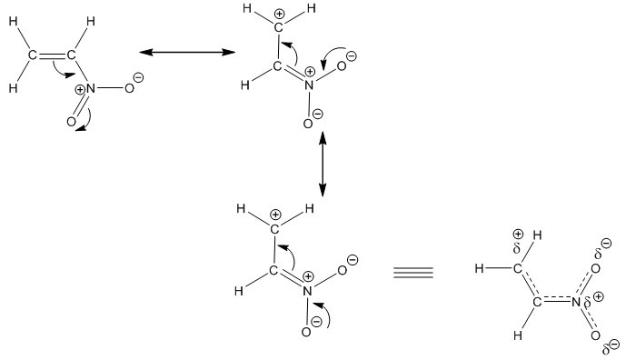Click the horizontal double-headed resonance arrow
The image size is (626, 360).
[x=187, y=52]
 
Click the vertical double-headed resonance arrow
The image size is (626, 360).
[x=323, y=164]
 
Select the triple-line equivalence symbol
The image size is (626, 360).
[x=413, y=273]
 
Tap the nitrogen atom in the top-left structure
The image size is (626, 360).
[x=91, y=88]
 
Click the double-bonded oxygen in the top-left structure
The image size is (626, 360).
[x=71, y=122]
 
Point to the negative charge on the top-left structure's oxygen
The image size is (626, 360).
[x=138, y=77]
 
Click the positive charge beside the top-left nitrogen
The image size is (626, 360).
[x=80, y=89]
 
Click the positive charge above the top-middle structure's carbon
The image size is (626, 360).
[x=280, y=15]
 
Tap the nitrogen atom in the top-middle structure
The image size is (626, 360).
[x=309, y=85]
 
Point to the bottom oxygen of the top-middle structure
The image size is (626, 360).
[x=307, y=124]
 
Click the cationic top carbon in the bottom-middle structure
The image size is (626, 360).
[x=274, y=229]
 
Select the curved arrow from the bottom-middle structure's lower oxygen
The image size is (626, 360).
[x=325, y=314]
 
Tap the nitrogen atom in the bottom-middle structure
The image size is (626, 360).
[x=307, y=291]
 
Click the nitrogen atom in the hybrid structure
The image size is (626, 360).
[x=576, y=302]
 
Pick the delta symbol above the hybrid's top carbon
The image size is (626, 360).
[x=517, y=248]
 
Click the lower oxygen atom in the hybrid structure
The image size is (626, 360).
[x=595, y=335]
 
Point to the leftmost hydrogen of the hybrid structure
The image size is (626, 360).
[x=479, y=268]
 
